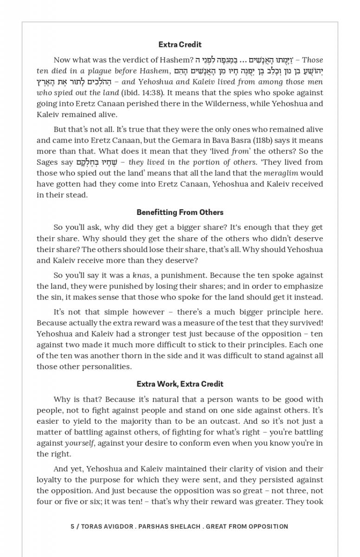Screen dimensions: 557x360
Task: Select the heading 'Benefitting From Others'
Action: (x=180, y=212)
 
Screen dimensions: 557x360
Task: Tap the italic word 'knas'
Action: (x=141, y=275)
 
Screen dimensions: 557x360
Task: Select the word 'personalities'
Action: (x=106, y=367)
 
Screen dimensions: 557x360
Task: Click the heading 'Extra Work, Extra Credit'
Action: (x=180, y=384)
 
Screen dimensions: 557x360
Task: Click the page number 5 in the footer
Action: (x=72, y=526)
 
